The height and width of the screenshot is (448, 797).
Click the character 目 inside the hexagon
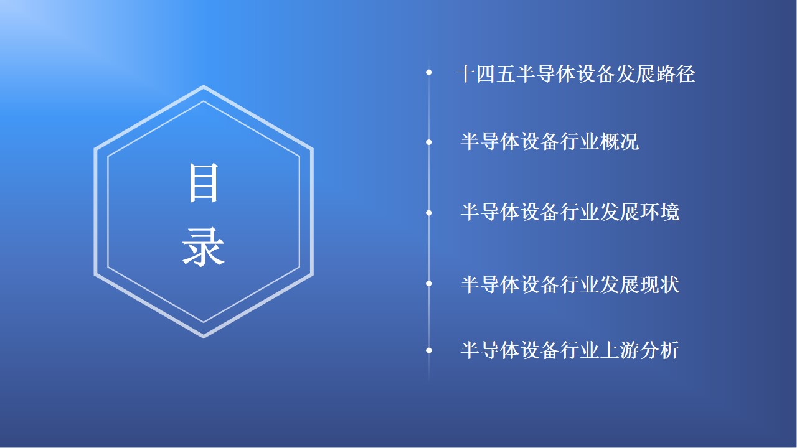[203, 183]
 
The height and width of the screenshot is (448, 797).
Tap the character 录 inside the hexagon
[203, 248]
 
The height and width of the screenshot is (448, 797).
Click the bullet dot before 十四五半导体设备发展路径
[429, 72]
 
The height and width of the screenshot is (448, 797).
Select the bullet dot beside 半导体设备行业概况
[429, 142]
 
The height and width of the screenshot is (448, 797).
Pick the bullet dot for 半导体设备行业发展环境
[429, 213]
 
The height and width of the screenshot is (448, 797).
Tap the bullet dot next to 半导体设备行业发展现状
[429, 283]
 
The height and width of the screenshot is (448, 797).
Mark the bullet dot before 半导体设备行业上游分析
[429, 350]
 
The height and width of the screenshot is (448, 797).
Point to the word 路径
[676, 74]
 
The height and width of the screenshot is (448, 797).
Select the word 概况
[620, 141]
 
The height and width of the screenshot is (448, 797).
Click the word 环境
[659, 212]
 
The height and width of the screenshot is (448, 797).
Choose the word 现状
[659, 284]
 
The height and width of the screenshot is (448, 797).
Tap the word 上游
[620, 350]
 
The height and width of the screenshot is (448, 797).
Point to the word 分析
[659, 350]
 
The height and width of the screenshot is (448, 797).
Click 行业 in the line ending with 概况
[580, 141]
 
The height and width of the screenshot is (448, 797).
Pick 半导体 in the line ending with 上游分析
[490, 350]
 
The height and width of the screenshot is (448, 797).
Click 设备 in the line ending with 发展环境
[540, 212]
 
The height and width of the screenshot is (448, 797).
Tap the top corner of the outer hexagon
[204, 85]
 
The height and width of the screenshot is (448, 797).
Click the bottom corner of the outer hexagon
[204, 338]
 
